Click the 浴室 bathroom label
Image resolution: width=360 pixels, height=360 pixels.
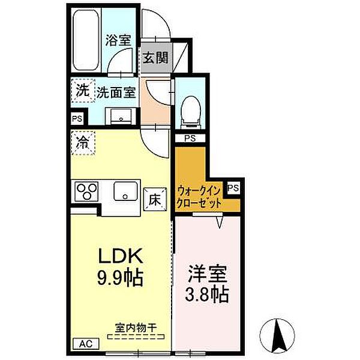click(x=118, y=40)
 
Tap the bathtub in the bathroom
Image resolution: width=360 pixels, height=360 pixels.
click(x=86, y=40)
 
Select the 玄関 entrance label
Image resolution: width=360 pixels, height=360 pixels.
click(x=156, y=58)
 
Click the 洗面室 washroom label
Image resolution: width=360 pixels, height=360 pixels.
click(x=116, y=92)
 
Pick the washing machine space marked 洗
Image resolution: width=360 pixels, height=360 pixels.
click(x=83, y=91)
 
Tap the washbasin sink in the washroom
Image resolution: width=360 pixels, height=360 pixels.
click(x=121, y=116)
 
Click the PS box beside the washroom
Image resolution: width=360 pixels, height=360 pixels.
click(x=77, y=119)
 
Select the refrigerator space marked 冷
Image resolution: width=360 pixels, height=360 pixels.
click(x=83, y=143)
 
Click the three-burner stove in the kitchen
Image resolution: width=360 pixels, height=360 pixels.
click(x=87, y=191)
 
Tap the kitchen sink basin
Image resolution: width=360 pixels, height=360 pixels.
click(x=125, y=191)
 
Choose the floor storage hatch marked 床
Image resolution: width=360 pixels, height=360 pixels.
click(x=155, y=199)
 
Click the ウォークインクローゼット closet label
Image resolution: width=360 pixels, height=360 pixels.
click(x=199, y=197)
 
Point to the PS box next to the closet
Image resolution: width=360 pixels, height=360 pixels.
click(x=233, y=188)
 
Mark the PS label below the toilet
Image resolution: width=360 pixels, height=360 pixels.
click(x=190, y=138)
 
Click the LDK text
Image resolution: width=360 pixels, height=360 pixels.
click(x=121, y=256)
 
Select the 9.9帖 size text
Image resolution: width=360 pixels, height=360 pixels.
click(x=121, y=278)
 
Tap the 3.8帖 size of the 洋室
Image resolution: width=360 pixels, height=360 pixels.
click(x=207, y=293)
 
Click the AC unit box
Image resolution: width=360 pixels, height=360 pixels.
click(x=86, y=344)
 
